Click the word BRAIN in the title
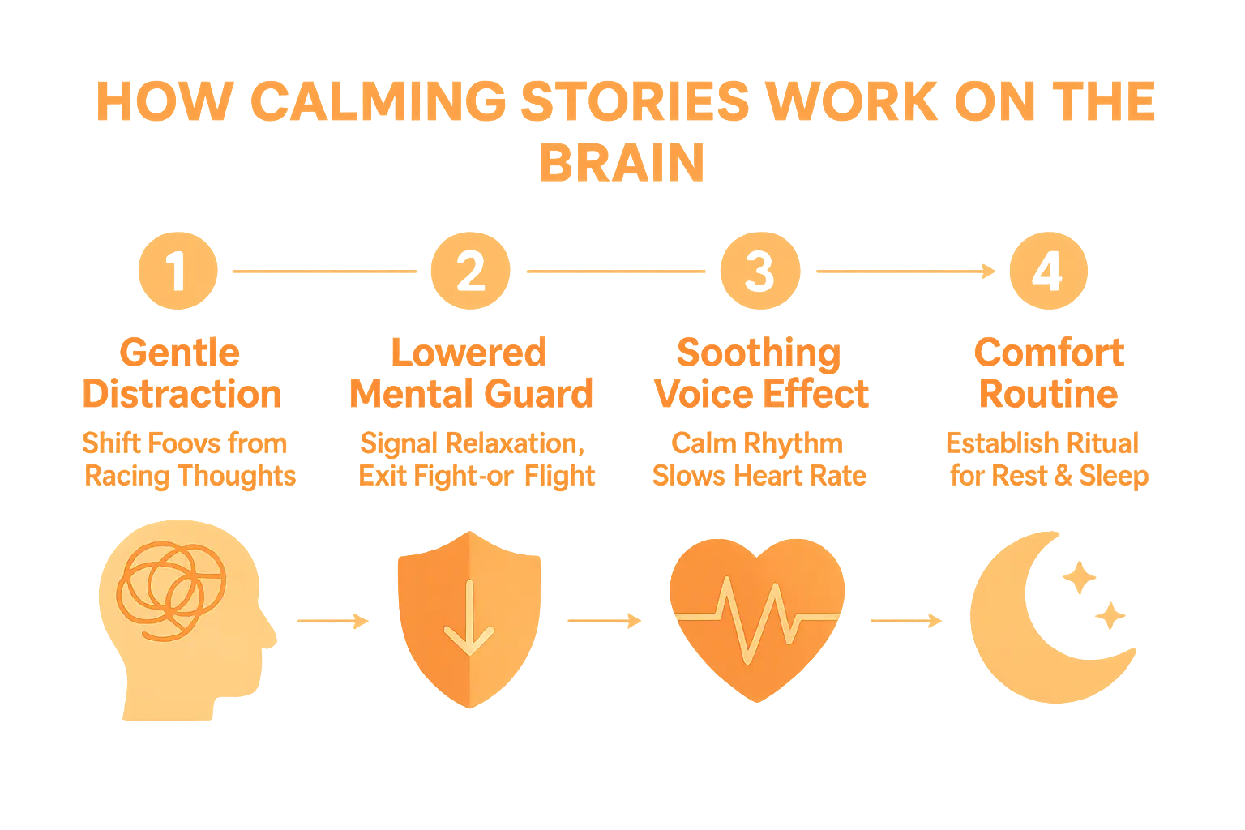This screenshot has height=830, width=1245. point(622,163)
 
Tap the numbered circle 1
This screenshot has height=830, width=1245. point(178,271)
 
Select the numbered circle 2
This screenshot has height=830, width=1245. point(468,271)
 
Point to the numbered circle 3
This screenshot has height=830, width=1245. point(759,271)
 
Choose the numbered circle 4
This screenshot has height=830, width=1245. point(1049,271)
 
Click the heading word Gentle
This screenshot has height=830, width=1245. point(180,353)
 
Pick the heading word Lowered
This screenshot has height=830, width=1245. point(468,353)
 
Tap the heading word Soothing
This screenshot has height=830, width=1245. point(759,353)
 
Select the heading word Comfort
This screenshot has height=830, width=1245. point(1049,353)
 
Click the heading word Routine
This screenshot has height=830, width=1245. point(1049,394)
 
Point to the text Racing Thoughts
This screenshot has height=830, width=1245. point(190,475)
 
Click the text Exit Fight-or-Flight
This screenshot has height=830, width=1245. point(477,475)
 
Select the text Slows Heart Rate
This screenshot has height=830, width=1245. point(759,475)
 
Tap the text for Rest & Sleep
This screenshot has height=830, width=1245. point(1049,475)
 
